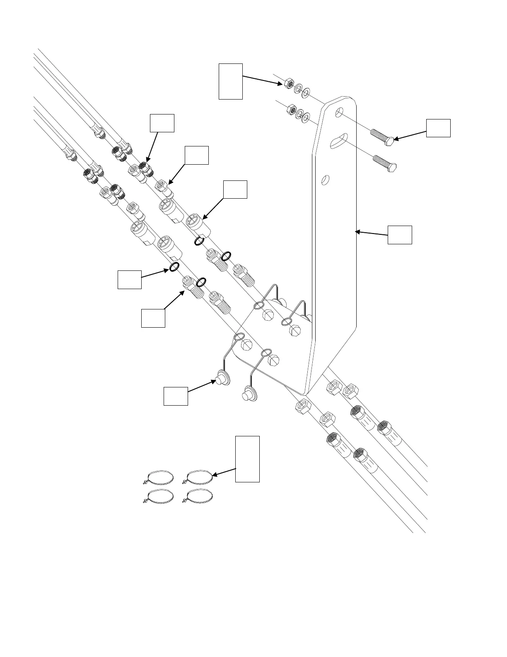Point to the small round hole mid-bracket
coord(326,180)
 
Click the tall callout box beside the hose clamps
coord(247,459)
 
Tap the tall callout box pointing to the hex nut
coord(230,81)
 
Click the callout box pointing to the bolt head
coord(438,128)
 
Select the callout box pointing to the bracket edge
coord(400,235)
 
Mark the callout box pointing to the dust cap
coord(176,396)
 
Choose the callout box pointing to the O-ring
coord(130,280)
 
